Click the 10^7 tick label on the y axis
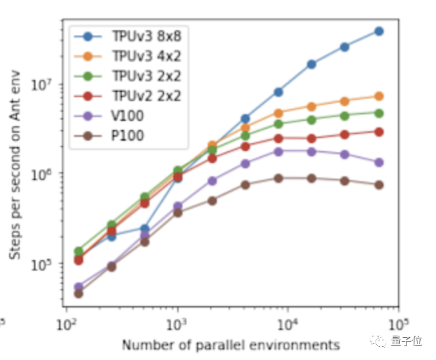50,85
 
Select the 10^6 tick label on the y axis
50,173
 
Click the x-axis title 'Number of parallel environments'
230,345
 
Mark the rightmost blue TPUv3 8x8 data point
379,31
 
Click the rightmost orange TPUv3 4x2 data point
379,97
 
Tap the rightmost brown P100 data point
379,185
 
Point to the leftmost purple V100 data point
79,287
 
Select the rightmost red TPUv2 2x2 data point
379,131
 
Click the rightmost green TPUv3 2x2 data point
379,113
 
